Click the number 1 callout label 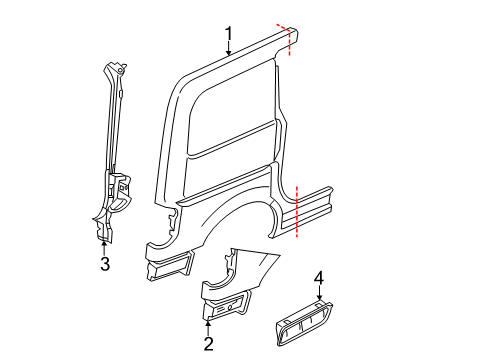229,39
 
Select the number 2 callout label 209,345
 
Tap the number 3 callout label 104,264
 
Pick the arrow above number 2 209,325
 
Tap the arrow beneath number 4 319,294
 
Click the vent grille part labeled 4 311,320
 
